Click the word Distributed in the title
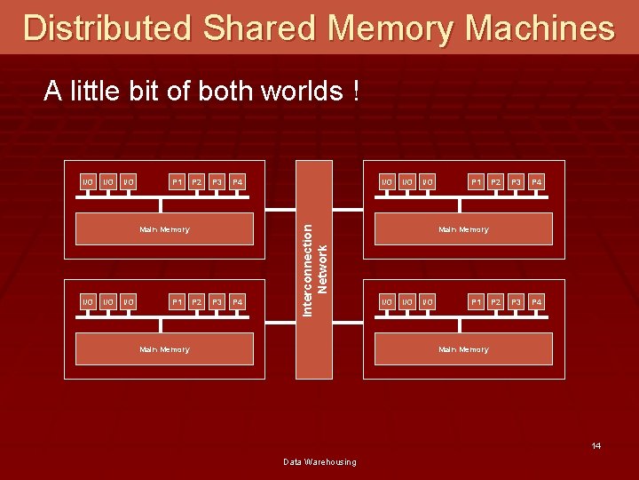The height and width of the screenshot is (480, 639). click(106, 28)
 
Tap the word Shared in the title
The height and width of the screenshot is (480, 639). click(259, 28)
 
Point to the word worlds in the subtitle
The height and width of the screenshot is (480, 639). click(298, 91)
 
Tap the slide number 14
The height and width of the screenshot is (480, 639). click(596, 445)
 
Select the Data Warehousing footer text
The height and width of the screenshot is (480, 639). click(319, 461)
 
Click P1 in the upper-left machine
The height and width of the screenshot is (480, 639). click(177, 182)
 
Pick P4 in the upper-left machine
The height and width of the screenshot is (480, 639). click(237, 182)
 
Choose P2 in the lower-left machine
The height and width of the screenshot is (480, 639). click(198, 302)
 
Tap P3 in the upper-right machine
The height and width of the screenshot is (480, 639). click(517, 182)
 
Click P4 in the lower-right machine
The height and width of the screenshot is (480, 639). click(536, 302)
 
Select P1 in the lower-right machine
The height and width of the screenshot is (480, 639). click(477, 302)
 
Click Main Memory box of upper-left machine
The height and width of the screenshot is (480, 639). click(164, 229)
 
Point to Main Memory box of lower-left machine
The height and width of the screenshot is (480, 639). click(164, 349)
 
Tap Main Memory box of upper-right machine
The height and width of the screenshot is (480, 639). click(463, 229)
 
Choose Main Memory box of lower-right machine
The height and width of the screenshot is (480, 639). click(463, 349)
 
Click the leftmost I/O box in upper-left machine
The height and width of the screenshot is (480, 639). click(87, 182)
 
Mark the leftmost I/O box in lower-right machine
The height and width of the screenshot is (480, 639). click(386, 302)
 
